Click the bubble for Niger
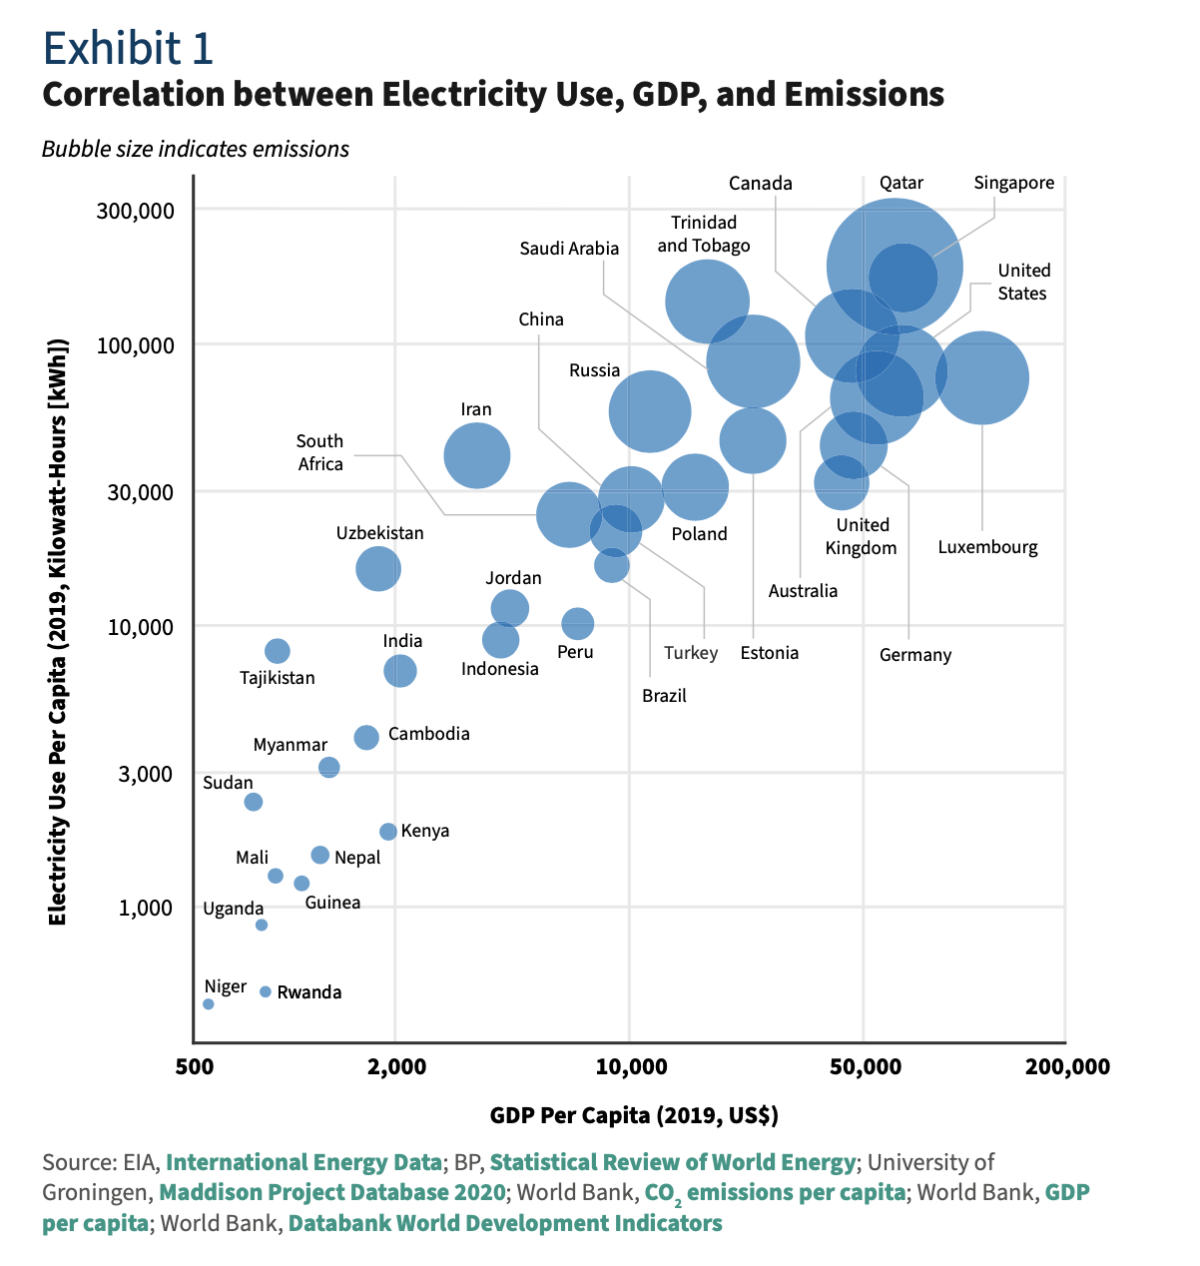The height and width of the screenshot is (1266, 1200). click(x=209, y=1003)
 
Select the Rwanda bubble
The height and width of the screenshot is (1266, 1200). click(x=266, y=991)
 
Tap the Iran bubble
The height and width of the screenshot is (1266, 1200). click(x=477, y=455)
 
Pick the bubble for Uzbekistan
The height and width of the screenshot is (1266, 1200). click(x=378, y=568)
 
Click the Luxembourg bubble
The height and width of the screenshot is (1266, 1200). click(x=982, y=377)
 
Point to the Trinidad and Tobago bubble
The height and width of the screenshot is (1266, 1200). click(x=707, y=302)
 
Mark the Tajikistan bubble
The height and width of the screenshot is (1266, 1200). click(x=278, y=651)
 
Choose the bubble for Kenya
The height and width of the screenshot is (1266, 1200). click(x=388, y=832)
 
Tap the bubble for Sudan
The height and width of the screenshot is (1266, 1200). click(x=254, y=802)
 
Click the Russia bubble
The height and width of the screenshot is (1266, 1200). click(x=650, y=411)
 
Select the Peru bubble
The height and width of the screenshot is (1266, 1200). click(x=578, y=624)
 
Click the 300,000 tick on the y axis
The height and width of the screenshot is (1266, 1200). click(x=136, y=211)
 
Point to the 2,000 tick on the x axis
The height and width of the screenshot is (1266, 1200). click(x=396, y=1067)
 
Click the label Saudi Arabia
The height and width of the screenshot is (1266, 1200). click(x=569, y=249)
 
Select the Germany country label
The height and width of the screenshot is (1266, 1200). click(x=915, y=655)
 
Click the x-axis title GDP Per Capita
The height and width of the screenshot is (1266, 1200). click(x=634, y=1115)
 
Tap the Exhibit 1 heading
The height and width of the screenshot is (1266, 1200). click(x=128, y=47)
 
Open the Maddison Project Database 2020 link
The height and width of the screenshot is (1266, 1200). click(x=332, y=1192)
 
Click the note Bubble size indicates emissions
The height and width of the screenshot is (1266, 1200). click(x=196, y=150)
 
